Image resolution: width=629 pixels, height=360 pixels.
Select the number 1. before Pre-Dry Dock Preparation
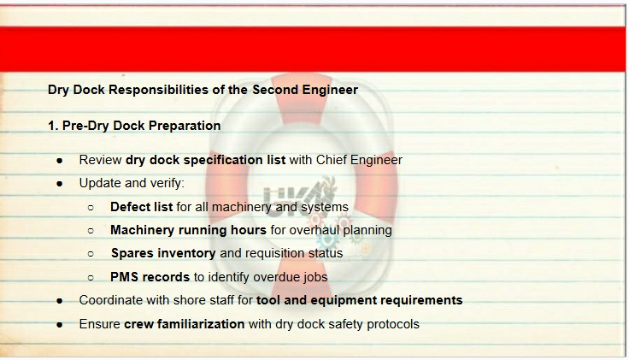pos(53,126)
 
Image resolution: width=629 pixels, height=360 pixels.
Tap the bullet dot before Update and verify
pos(60,184)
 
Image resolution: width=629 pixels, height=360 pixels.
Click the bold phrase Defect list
pos(141,207)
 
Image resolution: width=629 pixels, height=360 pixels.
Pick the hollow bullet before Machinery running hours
pos(91,231)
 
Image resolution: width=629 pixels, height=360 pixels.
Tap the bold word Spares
pos(132,253)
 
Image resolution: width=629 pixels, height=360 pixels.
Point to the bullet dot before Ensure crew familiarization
pos(60,325)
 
